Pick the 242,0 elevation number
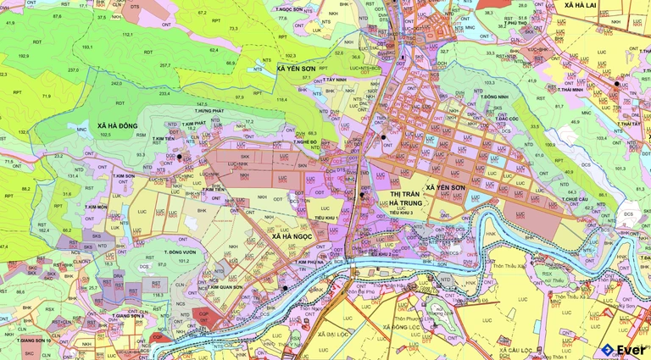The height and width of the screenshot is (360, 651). (116, 84)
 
